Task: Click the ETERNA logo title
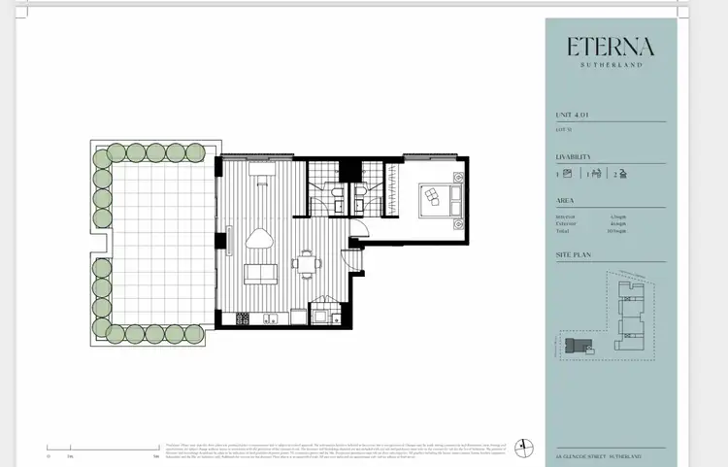click(611, 47)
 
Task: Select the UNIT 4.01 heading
click(573, 115)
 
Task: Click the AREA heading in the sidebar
click(565, 202)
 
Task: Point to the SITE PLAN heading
click(574, 255)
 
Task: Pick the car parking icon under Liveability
click(621, 175)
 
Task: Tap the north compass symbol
click(525, 445)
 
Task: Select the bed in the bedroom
click(430, 199)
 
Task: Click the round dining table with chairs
click(307, 262)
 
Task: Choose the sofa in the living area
click(259, 275)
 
